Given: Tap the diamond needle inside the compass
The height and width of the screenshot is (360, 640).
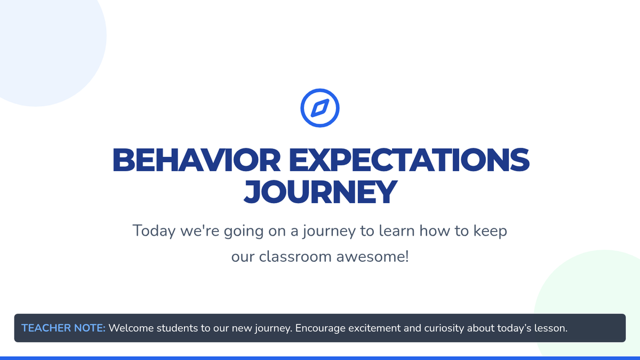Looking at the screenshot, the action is point(320,108).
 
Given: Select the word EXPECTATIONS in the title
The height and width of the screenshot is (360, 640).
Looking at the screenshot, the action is point(409,160).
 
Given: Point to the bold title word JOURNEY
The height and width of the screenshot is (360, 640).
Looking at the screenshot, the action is point(321,191).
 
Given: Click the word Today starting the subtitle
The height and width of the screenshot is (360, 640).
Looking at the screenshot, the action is point(154,231).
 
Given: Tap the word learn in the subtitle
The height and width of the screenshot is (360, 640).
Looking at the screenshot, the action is point(397,230).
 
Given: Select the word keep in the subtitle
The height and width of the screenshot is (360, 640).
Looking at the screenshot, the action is point(490,231).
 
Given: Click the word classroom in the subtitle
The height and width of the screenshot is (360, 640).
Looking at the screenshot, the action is point(295,257).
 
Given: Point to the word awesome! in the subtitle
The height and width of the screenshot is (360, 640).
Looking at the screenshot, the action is point(373,257).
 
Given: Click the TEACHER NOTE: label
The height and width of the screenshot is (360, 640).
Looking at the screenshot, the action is point(63,328).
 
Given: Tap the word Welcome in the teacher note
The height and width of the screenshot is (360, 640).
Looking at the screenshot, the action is point(131,328).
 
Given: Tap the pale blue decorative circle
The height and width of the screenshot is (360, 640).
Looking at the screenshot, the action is point(43,43).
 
